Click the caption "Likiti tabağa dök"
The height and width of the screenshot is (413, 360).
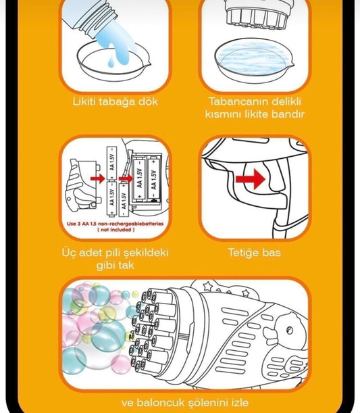[x=115, y=101]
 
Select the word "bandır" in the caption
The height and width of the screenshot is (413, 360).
[x=286, y=114]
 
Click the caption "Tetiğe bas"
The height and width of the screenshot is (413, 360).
[x=254, y=253]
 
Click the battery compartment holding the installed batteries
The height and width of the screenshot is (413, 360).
[x=146, y=177]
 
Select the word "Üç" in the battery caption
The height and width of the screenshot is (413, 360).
[x=68, y=253]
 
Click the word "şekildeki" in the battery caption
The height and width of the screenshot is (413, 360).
[x=143, y=253]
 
